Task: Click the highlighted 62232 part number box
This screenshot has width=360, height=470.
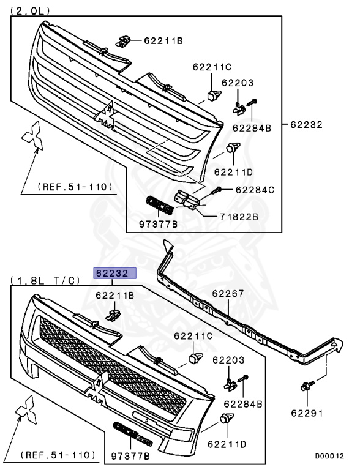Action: click(x=115, y=273)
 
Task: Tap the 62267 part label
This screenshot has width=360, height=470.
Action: click(x=228, y=294)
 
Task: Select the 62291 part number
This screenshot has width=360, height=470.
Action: click(x=307, y=413)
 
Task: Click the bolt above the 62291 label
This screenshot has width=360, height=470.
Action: click(x=307, y=386)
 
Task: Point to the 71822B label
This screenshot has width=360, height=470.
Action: click(x=239, y=217)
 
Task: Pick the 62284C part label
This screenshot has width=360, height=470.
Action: click(x=255, y=190)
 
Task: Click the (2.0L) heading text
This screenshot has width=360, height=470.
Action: click(x=30, y=11)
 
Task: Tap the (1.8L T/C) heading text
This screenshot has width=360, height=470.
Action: click(x=45, y=280)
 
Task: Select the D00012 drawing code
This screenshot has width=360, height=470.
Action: click(x=329, y=456)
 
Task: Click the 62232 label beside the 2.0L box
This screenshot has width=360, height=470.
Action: click(x=306, y=124)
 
